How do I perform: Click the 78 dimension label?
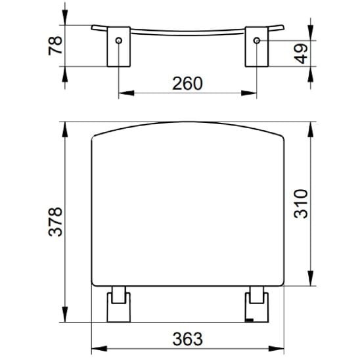pos(55,45)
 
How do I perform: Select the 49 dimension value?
pos(301,54)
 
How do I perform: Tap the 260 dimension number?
pos(187,84)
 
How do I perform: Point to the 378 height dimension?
pos(55,222)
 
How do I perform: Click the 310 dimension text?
pos(301,204)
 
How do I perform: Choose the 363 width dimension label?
pos(188,339)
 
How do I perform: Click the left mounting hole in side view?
pos(119,41)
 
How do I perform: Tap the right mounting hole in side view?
pos(257,41)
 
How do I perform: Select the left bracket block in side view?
pos(119,47)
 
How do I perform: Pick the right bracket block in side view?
pos(257,47)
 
